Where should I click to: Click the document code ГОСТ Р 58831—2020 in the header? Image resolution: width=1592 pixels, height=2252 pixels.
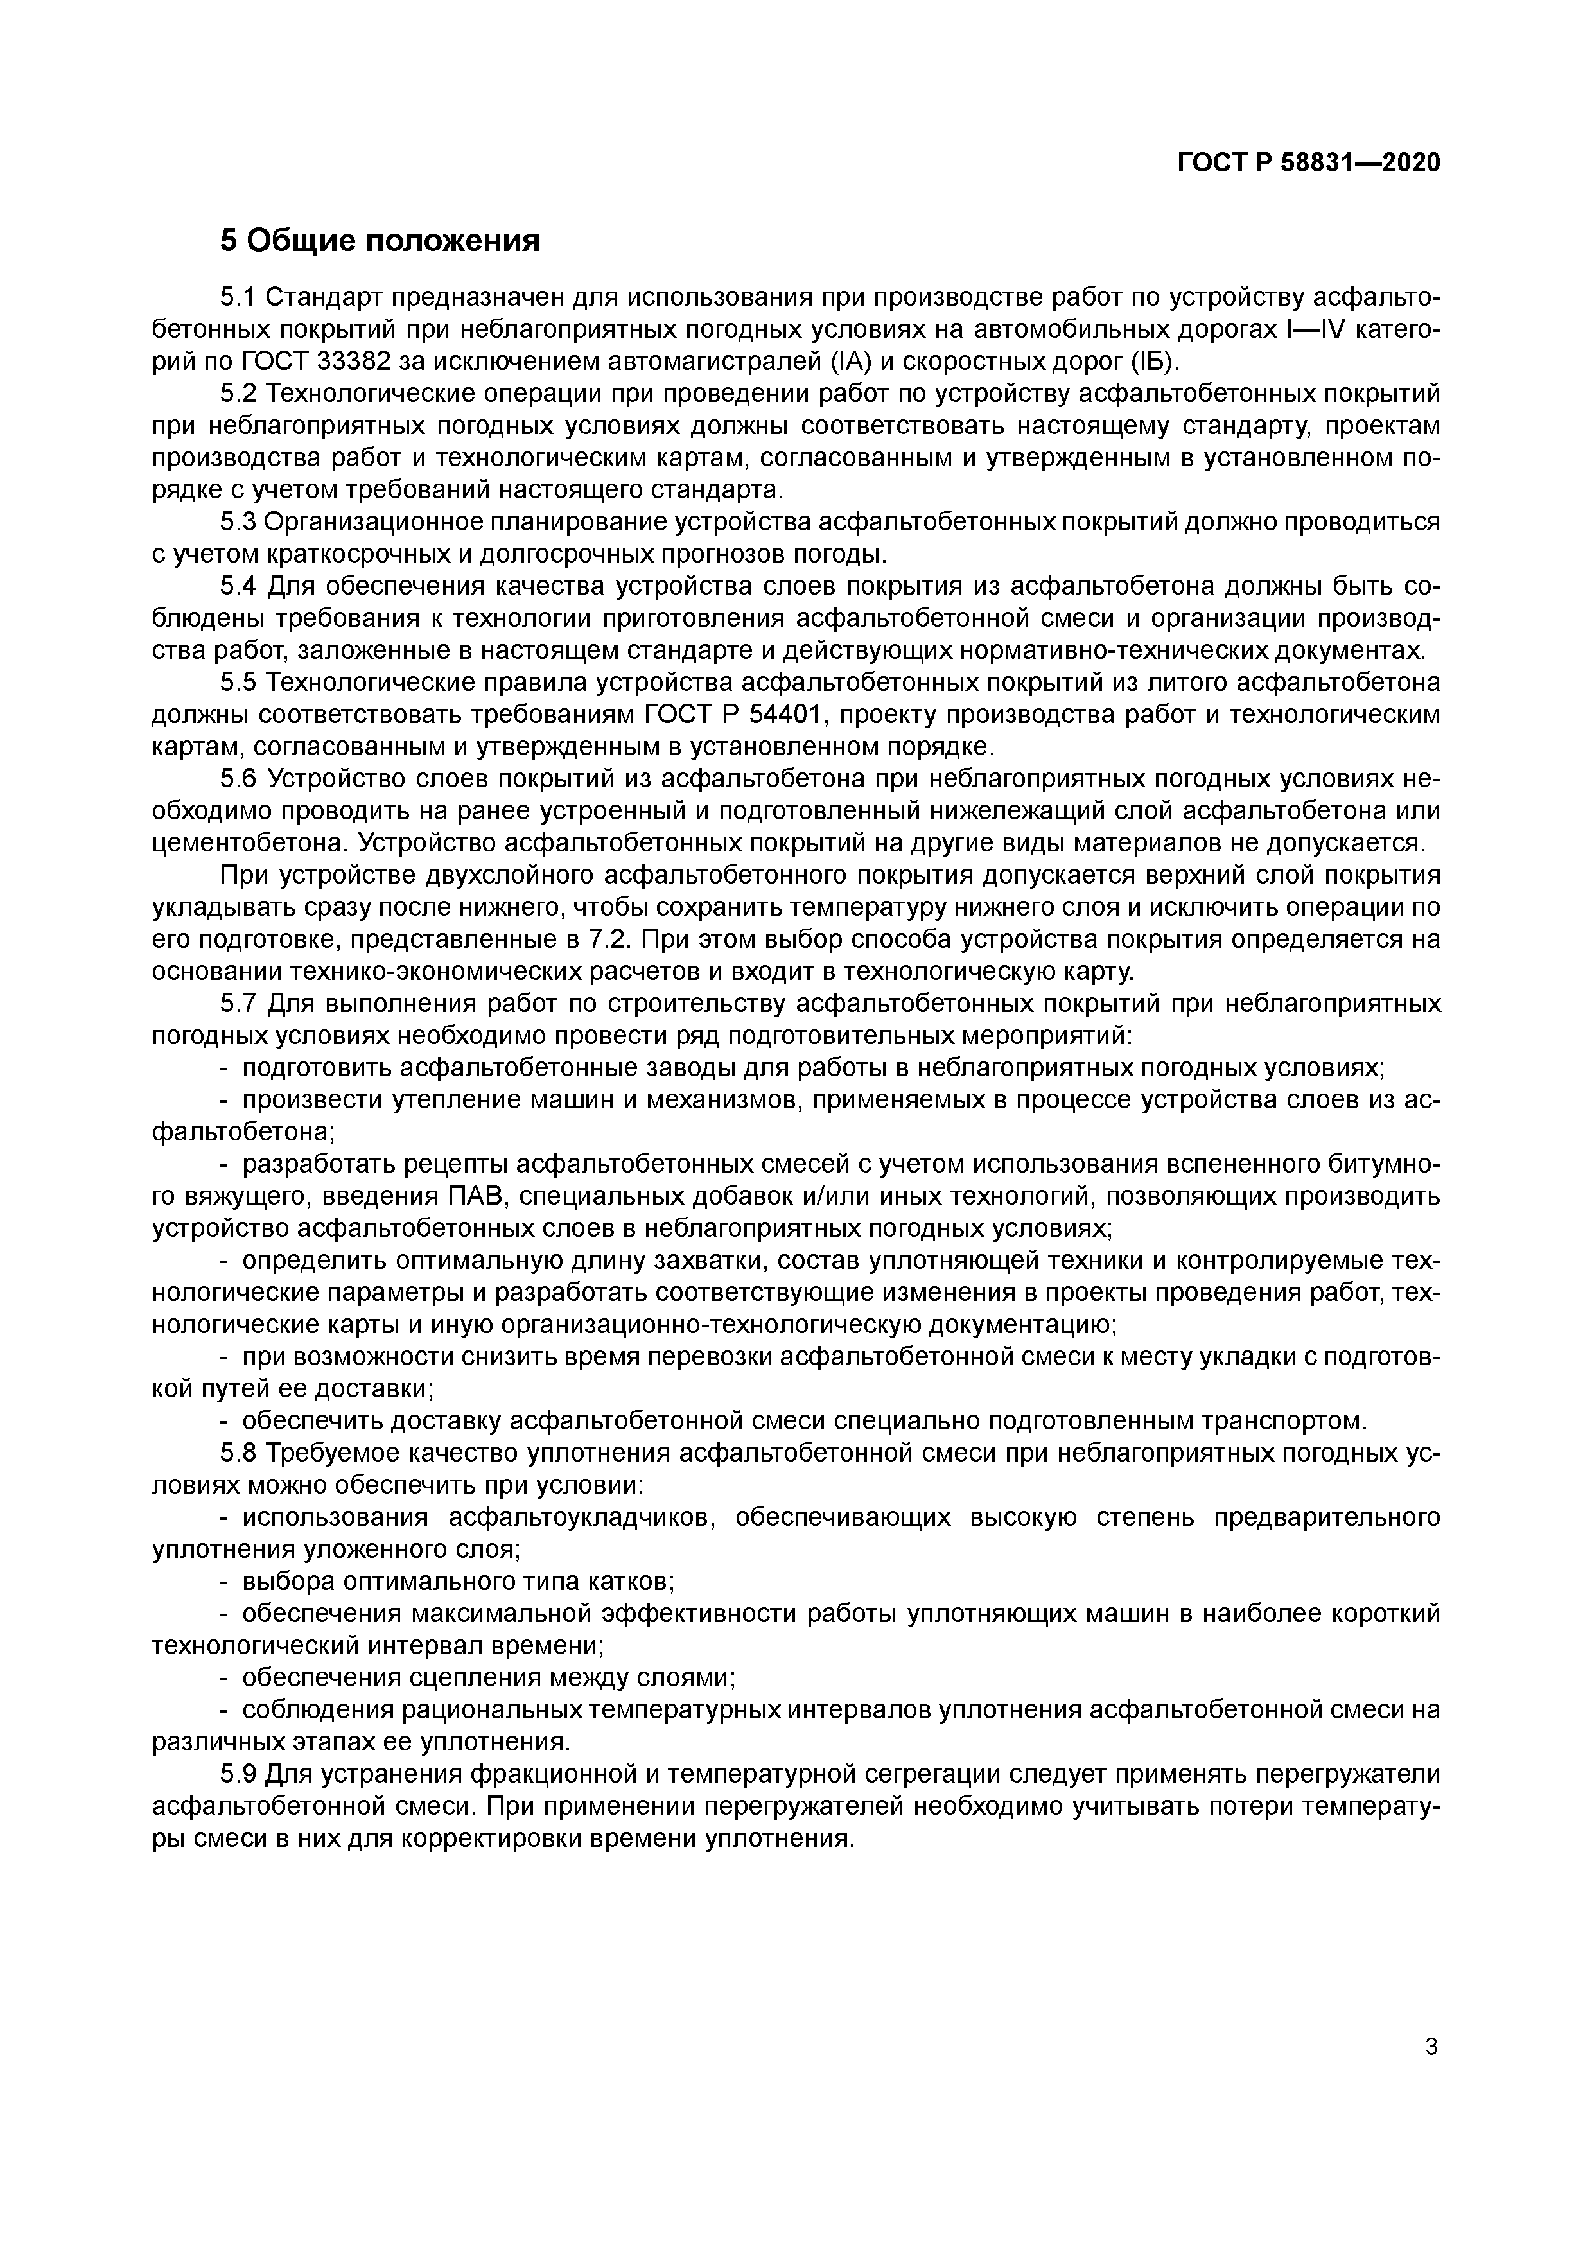tap(1309, 163)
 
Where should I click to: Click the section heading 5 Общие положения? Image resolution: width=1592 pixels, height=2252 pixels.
tap(379, 240)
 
